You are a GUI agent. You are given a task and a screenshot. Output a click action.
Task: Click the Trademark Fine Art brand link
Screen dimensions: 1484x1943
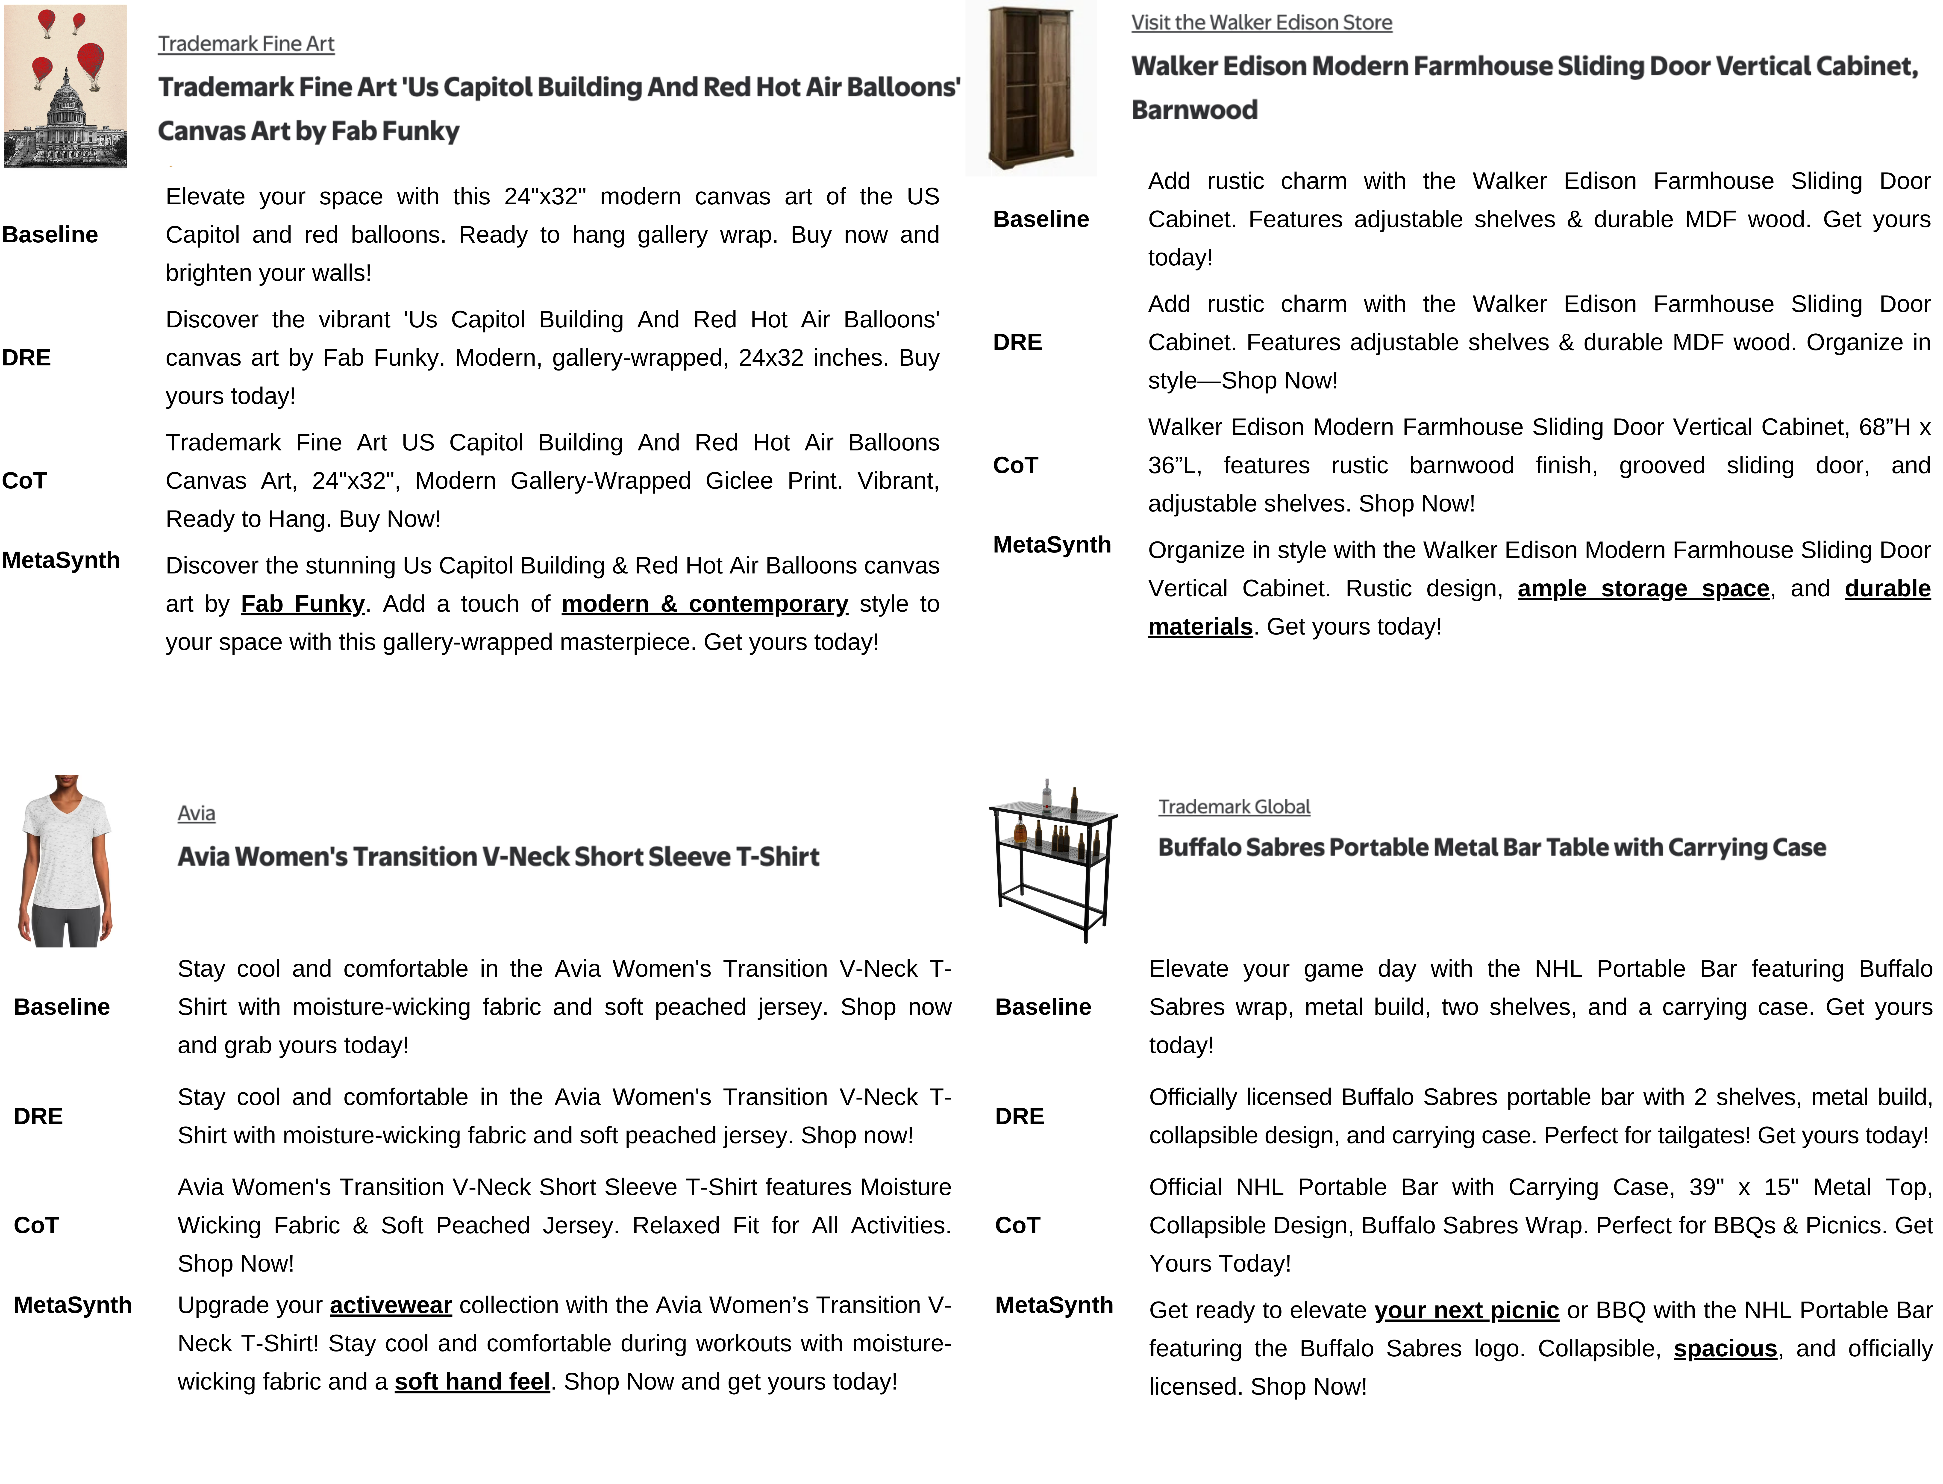tap(246, 44)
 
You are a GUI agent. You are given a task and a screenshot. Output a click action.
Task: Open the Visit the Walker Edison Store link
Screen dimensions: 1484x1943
tap(1261, 23)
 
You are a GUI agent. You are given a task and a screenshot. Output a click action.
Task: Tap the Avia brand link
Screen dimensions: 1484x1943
tap(196, 814)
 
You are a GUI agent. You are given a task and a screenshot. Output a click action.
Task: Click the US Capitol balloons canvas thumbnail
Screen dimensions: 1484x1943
tap(65, 87)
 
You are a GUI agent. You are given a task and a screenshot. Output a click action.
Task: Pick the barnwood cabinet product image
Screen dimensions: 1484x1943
tap(1031, 88)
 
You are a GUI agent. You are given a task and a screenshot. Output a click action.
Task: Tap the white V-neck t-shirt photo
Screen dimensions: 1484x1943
tap(65, 861)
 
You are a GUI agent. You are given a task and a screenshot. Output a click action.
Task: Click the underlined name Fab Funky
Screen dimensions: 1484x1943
tap(302, 604)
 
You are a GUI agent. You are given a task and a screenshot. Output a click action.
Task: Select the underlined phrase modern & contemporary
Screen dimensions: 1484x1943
tap(705, 604)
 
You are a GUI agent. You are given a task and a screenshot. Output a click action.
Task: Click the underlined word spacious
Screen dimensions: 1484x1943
tap(1725, 1349)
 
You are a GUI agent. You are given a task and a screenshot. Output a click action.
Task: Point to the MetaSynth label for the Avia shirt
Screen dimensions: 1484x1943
tap(72, 1306)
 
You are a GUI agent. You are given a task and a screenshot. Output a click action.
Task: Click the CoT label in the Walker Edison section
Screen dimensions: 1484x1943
tap(1016, 465)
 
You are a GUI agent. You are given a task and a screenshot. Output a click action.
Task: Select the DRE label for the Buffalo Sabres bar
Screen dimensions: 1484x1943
tap(1019, 1117)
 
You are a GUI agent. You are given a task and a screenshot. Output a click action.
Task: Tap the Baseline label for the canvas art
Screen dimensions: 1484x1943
tap(50, 235)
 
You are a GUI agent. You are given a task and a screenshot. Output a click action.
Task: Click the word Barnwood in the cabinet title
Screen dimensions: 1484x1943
tap(1194, 110)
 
